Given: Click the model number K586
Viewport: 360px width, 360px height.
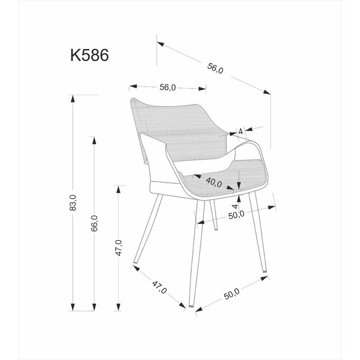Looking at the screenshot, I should coord(89,55).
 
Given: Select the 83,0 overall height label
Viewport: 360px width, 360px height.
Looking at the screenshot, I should coord(73,203).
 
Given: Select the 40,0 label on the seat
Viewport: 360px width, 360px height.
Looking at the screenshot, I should coord(213,183).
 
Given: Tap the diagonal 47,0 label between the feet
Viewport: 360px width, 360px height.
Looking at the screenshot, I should coord(159,286).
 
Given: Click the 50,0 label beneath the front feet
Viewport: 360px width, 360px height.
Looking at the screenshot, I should coord(232,294).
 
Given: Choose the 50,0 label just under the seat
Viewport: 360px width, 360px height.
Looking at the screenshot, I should coord(237,214).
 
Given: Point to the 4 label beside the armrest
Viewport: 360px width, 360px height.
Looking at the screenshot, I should coord(240,130).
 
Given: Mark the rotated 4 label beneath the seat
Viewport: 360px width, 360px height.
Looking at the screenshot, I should coord(235,205).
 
